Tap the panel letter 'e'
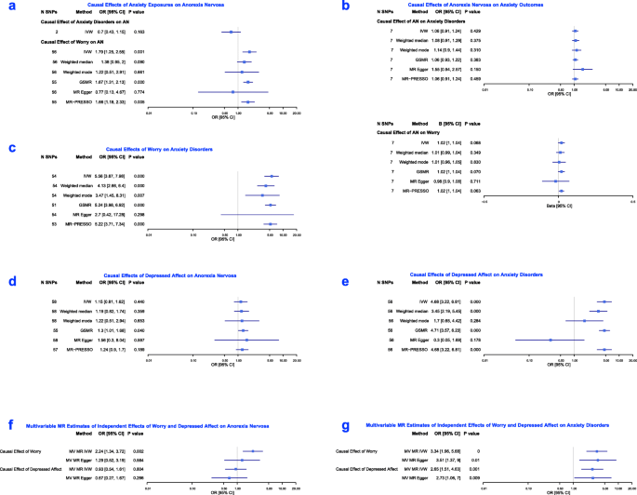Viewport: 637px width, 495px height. tap(323, 278)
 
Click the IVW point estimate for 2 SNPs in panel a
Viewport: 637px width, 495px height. tap(228, 33)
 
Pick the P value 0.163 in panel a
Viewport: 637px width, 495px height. tap(142, 33)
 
